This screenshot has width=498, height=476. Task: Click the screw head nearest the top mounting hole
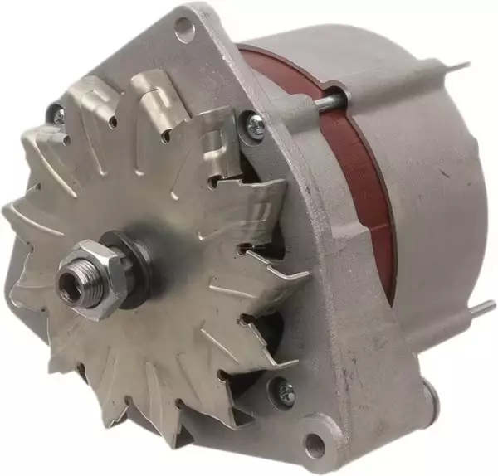(x=254, y=125)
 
